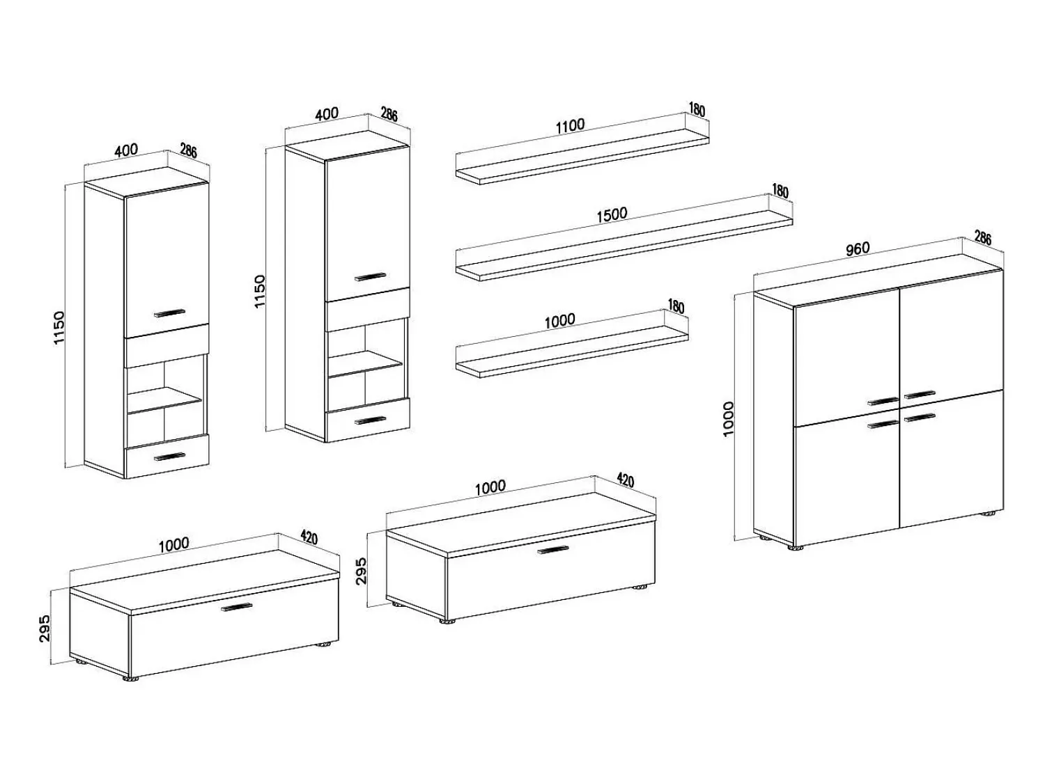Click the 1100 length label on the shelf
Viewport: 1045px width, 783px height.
tap(570, 125)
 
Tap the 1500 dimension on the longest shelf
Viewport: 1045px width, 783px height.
tap(612, 214)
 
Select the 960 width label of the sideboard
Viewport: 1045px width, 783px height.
tap(858, 248)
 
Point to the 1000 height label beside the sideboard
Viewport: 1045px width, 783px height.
tap(729, 419)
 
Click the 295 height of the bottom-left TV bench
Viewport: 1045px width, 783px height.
tap(45, 628)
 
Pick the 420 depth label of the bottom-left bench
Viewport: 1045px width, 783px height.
tap(309, 537)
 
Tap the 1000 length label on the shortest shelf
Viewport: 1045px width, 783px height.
tap(560, 321)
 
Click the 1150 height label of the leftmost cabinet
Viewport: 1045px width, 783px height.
tap(59, 328)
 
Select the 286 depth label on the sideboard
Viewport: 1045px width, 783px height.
tap(982, 237)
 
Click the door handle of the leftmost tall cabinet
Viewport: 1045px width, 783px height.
tap(169, 313)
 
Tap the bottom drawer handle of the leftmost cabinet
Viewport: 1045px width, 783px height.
tap(169, 457)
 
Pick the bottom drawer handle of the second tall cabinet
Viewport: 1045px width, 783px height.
tap(371, 421)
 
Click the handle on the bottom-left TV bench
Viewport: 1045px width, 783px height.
tap(237, 607)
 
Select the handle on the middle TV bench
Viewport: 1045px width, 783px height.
tap(552, 549)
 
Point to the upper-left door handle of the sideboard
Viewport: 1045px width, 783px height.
tap(883, 401)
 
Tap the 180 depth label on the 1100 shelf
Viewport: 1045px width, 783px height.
tap(697, 110)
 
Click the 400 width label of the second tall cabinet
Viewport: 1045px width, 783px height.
tap(327, 113)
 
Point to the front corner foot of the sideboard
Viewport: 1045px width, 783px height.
tap(795, 548)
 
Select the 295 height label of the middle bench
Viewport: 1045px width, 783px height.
tap(362, 571)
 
